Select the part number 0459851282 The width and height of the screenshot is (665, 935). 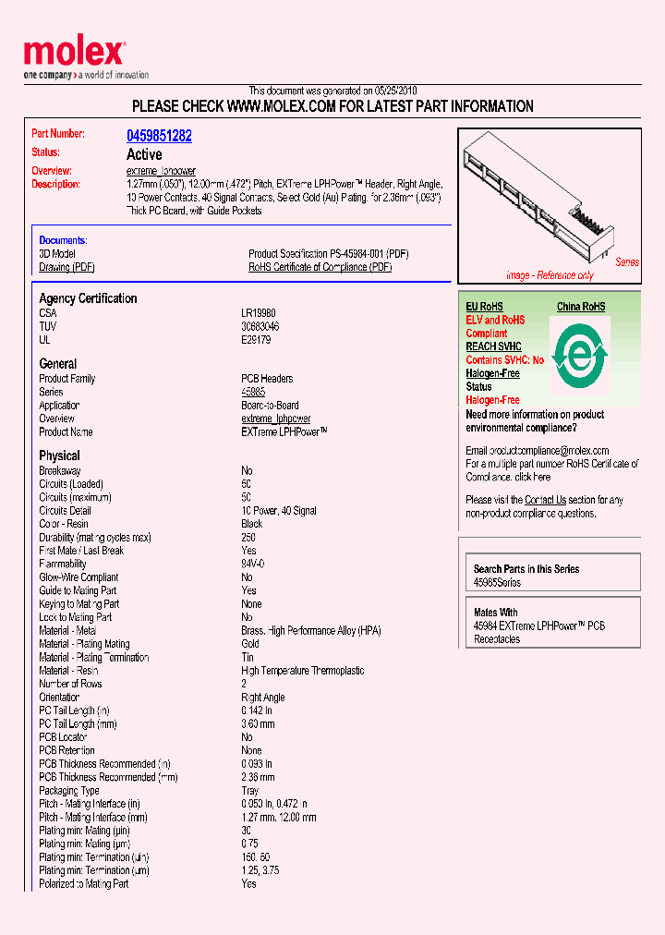tap(159, 136)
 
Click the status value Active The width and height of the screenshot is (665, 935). tap(144, 154)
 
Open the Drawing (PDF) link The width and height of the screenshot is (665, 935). tap(66, 267)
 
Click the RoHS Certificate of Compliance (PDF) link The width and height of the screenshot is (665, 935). tap(320, 267)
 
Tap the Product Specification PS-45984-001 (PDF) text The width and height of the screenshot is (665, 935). tap(328, 253)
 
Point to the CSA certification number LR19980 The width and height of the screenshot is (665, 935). tap(260, 313)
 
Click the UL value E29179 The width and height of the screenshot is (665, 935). tap(257, 340)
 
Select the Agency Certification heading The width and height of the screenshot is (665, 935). tap(88, 298)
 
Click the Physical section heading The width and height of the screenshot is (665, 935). tap(59, 455)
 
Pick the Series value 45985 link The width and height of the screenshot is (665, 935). tap(254, 392)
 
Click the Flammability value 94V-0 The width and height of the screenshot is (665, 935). tap(253, 564)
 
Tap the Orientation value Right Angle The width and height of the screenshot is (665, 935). tap(263, 698)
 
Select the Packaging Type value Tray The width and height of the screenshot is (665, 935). tap(250, 791)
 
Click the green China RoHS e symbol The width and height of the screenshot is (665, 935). tap(579, 356)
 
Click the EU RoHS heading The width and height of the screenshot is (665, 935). tap(484, 307)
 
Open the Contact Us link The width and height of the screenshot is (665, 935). tap(545, 500)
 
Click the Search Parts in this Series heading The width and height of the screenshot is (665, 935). tap(526, 569)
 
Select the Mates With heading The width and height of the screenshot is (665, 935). tap(496, 613)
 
